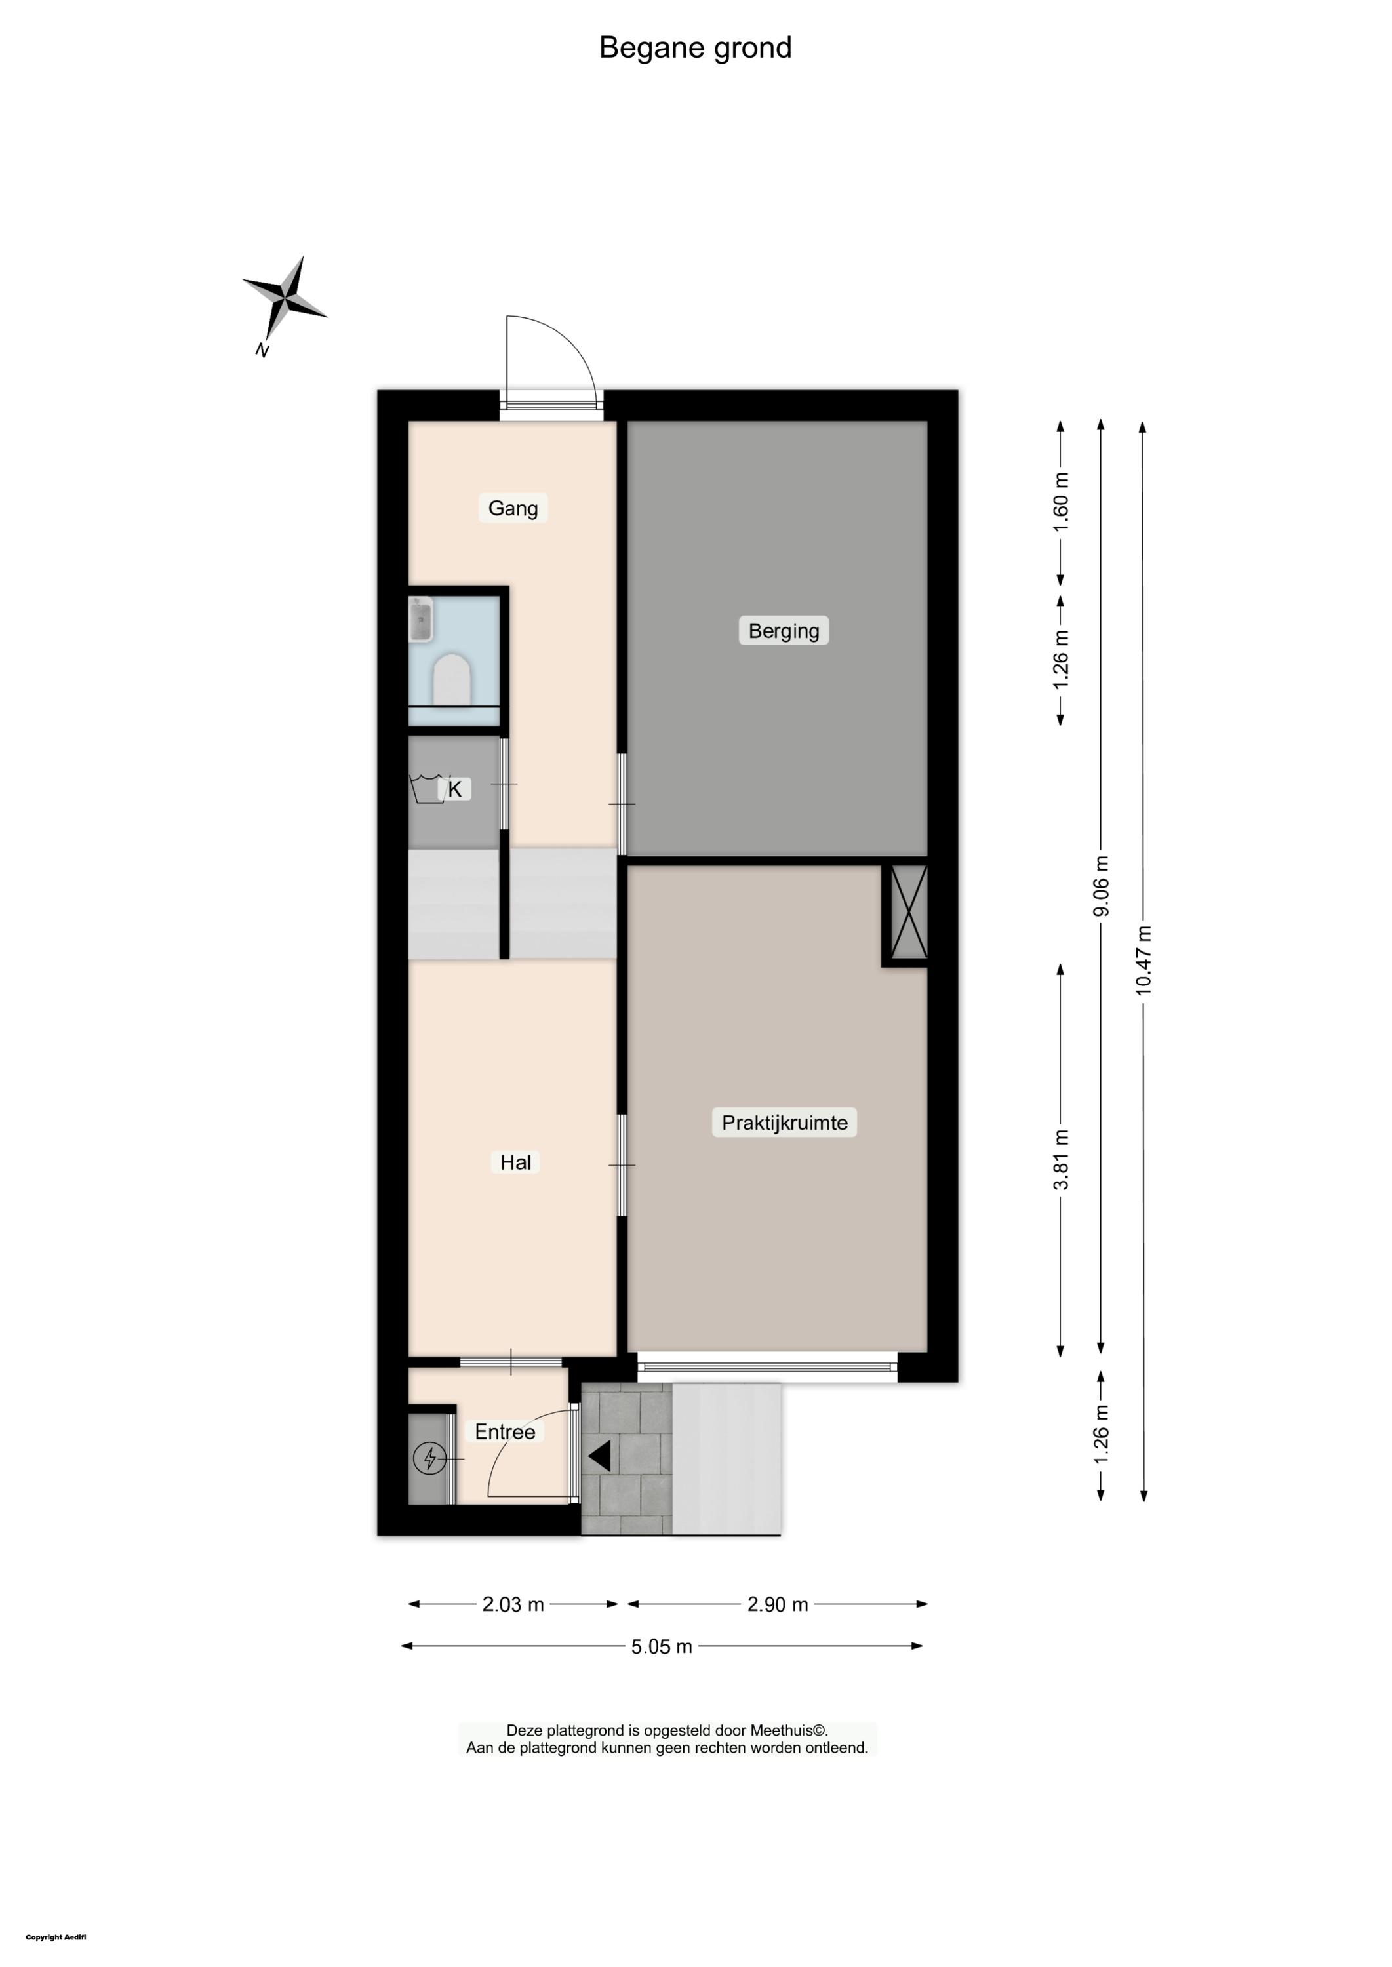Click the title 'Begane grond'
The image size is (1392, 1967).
click(695, 48)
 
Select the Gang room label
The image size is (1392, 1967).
click(513, 508)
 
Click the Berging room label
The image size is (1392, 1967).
click(784, 631)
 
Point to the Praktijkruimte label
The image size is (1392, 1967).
click(784, 1123)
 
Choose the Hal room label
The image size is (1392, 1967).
click(515, 1162)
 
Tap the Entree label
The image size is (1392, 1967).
click(505, 1431)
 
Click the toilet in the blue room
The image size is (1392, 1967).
click(452, 680)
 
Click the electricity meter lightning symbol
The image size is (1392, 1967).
click(429, 1458)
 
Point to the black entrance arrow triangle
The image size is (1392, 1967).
click(599, 1456)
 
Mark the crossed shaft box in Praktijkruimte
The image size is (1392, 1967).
click(909, 912)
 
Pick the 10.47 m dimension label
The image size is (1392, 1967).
click(1143, 960)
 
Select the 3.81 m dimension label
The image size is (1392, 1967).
click(1061, 1159)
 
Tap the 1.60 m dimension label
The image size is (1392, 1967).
click(1061, 502)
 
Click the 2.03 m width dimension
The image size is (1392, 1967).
click(513, 1604)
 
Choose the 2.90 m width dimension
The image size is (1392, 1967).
click(778, 1604)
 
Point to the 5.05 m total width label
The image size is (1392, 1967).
click(662, 1646)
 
